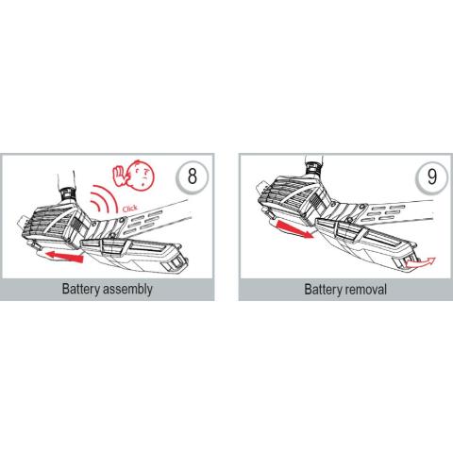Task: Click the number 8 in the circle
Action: point(193,176)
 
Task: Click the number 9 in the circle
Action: point(432,177)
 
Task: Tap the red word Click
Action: point(130,209)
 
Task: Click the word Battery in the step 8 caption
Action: point(81,289)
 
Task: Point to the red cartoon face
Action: point(140,176)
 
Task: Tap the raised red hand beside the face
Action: point(119,176)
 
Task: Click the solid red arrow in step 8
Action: point(64,256)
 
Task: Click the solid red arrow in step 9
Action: point(295,229)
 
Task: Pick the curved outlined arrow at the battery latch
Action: point(421,262)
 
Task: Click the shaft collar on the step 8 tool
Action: point(67,194)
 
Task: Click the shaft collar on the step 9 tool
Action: point(312,169)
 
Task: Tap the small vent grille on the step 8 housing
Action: point(75,225)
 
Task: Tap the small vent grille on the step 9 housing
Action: point(315,201)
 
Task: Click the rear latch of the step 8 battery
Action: point(176,263)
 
